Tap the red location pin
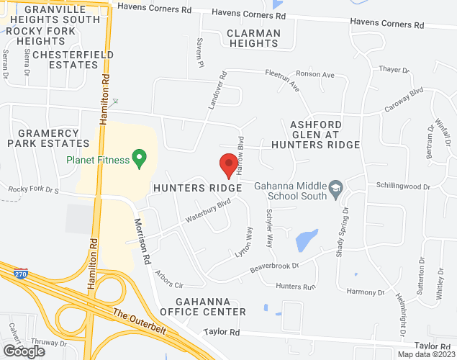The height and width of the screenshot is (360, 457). point(229,166)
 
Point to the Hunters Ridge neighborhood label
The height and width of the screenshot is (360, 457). point(196,187)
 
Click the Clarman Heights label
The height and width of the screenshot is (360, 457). point(252,37)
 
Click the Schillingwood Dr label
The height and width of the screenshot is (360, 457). point(403,186)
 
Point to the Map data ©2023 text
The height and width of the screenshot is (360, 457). point(427,354)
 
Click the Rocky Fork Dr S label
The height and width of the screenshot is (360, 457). point(32,190)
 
